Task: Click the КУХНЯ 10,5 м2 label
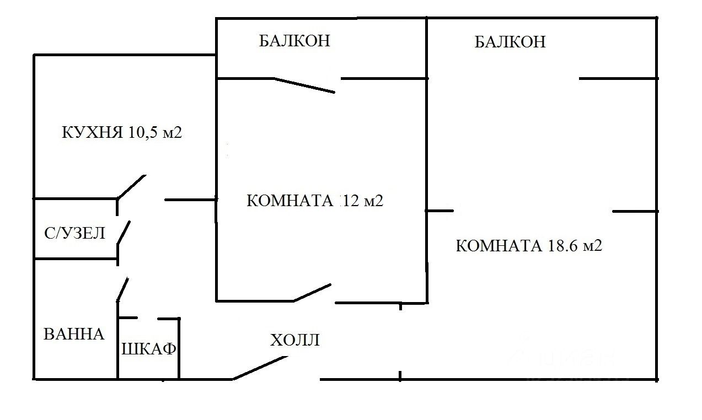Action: [121, 133]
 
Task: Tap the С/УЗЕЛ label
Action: [74, 233]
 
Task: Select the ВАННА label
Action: [74, 334]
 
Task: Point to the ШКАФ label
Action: [148, 349]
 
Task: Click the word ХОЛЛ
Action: [295, 340]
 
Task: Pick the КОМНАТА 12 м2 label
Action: [315, 201]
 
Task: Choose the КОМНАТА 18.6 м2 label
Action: [528, 246]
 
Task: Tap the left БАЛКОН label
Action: [294, 41]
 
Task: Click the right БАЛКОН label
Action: [510, 42]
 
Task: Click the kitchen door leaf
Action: [131, 187]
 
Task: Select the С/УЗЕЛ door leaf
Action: [124, 233]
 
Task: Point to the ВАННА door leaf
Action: [122, 289]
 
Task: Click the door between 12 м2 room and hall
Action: [312, 293]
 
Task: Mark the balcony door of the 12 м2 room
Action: [304, 85]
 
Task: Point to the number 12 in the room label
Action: [351, 201]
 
